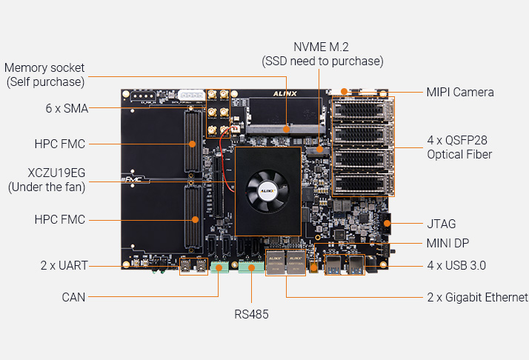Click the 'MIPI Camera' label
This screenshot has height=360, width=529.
pos(459,93)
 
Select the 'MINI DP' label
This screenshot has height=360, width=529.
pos(448,243)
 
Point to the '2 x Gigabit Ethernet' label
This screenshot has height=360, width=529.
pos(476,298)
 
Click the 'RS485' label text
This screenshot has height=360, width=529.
pos(251,314)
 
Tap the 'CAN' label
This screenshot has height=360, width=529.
pos(73,298)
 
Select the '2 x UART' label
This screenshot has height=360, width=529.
pos(63,265)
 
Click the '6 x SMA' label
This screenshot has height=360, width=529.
pos(66,108)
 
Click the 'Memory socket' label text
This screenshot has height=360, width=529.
pos(44,68)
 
